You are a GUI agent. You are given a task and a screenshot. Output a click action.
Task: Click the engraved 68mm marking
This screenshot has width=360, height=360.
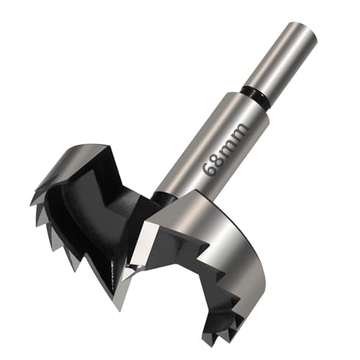tap(225, 150)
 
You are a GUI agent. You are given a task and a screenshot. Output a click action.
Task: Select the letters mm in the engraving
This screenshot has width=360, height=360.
tap(233, 139)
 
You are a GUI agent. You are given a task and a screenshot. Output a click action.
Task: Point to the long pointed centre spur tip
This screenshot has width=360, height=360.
tap(120, 310)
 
